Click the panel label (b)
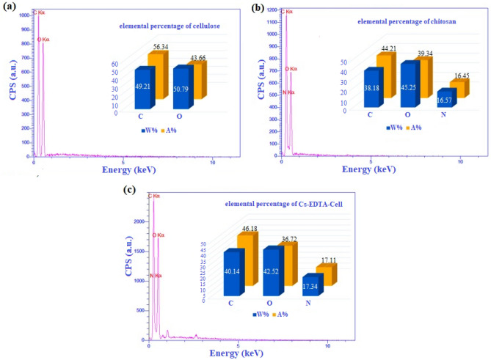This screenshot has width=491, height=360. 258,7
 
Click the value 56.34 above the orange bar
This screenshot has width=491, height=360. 159,46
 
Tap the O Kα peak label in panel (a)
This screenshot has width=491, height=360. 44,40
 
